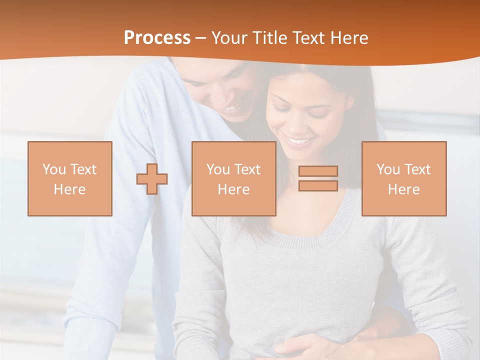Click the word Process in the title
click(x=157, y=38)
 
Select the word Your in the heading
click(x=230, y=38)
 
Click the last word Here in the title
click(x=350, y=38)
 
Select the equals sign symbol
click(x=318, y=178)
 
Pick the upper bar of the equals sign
click(x=318, y=171)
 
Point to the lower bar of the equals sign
click(x=318, y=185)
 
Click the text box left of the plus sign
click(x=70, y=178)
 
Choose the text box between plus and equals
click(x=233, y=178)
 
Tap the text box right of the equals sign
click(x=403, y=178)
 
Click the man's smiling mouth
click(x=231, y=107)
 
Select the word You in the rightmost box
click(x=387, y=169)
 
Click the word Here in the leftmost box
click(x=70, y=189)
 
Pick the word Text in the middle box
click(x=247, y=169)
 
